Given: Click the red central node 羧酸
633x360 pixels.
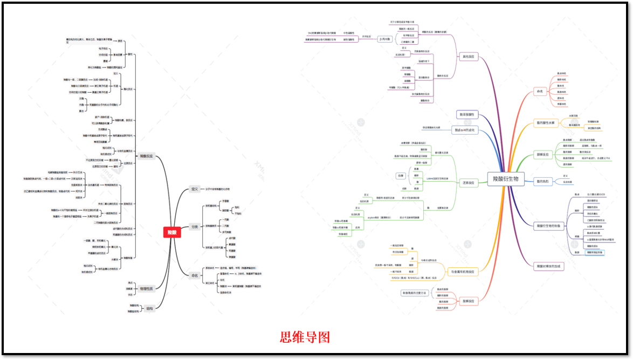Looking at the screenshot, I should click(171, 232).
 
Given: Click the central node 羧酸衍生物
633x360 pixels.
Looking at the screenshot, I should click(505, 179).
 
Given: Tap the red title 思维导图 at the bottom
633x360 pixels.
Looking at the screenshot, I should click(305, 337).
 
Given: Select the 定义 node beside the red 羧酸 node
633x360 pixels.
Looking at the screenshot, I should click(195, 189).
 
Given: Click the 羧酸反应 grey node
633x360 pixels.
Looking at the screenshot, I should click(146, 156).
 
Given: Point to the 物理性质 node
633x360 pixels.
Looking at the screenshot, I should click(146, 289).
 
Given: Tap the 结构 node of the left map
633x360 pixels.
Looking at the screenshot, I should click(149, 309).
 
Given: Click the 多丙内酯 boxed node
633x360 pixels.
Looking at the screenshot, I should click(384, 39).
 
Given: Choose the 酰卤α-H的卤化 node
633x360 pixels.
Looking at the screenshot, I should click(465, 130).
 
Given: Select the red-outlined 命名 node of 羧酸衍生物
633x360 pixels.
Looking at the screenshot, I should click(540, 92).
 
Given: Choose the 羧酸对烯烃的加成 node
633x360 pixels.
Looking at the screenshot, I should click(549, 266).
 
